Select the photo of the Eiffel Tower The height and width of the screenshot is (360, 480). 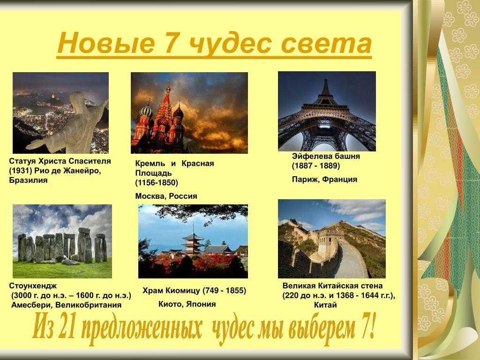(x=327, y=111)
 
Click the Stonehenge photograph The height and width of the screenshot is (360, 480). (x=62, y=241)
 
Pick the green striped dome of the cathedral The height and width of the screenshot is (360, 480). (x=146, y=111)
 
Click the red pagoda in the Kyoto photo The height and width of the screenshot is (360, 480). (x=193, y=240)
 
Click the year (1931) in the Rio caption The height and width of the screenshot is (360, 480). (x=21, y=171)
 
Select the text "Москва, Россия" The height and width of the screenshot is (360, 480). (x=166, y=196)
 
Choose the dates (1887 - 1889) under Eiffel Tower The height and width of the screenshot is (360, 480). (x=316, y=166)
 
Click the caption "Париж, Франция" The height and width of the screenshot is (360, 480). (x=324, y=180)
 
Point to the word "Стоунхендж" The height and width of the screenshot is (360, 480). (x=33, y=286)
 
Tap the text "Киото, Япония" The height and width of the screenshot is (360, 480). (x=187, y=304)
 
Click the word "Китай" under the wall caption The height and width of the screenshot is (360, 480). (x=325, y=305)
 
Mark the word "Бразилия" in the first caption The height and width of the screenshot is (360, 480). (x=29, y=180)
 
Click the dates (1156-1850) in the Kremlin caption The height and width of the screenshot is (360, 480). (x=157, y=183)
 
